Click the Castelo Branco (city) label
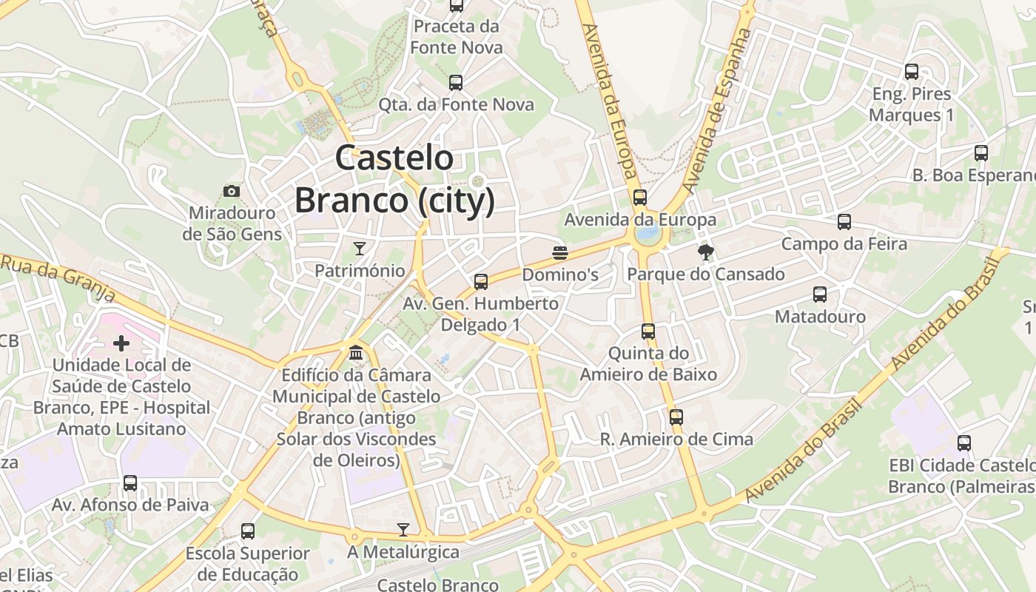(x=394, y=179)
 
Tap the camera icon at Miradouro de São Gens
(x=232, y=192)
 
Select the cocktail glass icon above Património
(x=360, y=248)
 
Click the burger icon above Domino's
(x=560, y=253)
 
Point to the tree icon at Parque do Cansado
(x=706, y=252)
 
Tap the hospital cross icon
(x=121, y=343)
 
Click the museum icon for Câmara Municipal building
(x=356, y=353)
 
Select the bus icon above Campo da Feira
(x=844, y=222)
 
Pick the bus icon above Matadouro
(x=820, y=295)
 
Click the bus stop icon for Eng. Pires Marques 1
(x=912, y=72)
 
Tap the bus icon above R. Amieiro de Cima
(x=676, y=417)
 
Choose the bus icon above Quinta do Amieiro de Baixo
(x=648, y=331)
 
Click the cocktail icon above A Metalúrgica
(x=403, y=529)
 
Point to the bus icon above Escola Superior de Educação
(x=248, y=531)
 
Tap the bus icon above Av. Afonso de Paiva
(x=130, y=483)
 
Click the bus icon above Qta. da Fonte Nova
(x=456, y=82)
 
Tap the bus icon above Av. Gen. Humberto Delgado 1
(x=481, y=281)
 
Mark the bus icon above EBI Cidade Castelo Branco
(x=964, y=443)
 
